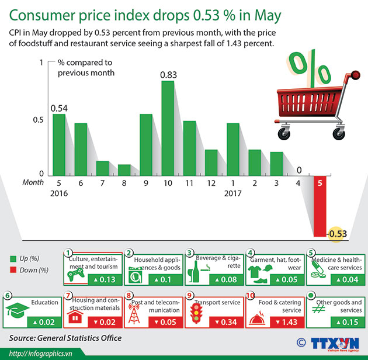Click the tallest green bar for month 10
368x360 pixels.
point(168,128)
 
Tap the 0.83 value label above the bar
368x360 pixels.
point(168,74)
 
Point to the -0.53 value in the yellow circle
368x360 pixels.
point(337,234)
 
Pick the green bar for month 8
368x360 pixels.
point(124,169)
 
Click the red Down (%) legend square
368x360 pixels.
point(13,270)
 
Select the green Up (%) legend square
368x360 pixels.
point(13,258)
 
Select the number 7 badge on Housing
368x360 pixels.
point(69,296)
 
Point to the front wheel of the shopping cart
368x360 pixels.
point(284,134)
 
